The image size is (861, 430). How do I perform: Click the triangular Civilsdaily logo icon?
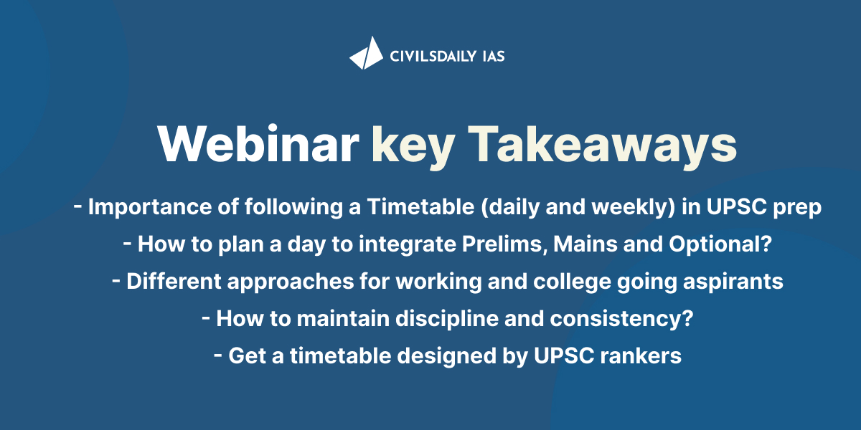pos(367,53)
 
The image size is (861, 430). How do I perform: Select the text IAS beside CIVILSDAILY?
pos(494,57)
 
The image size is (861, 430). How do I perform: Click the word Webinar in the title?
pos(258,145)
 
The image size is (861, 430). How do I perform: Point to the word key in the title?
pos(414,147)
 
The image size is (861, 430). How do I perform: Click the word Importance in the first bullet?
pos(150,207)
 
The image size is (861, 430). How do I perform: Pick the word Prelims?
pos(504,244)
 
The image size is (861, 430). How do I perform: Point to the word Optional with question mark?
pos(720,244)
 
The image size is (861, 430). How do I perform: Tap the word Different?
pos(174,281)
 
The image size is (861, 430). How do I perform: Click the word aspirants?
pos(733,282)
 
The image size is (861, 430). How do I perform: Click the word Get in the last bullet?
pos(247,355)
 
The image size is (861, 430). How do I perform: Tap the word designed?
pos(446,357)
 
